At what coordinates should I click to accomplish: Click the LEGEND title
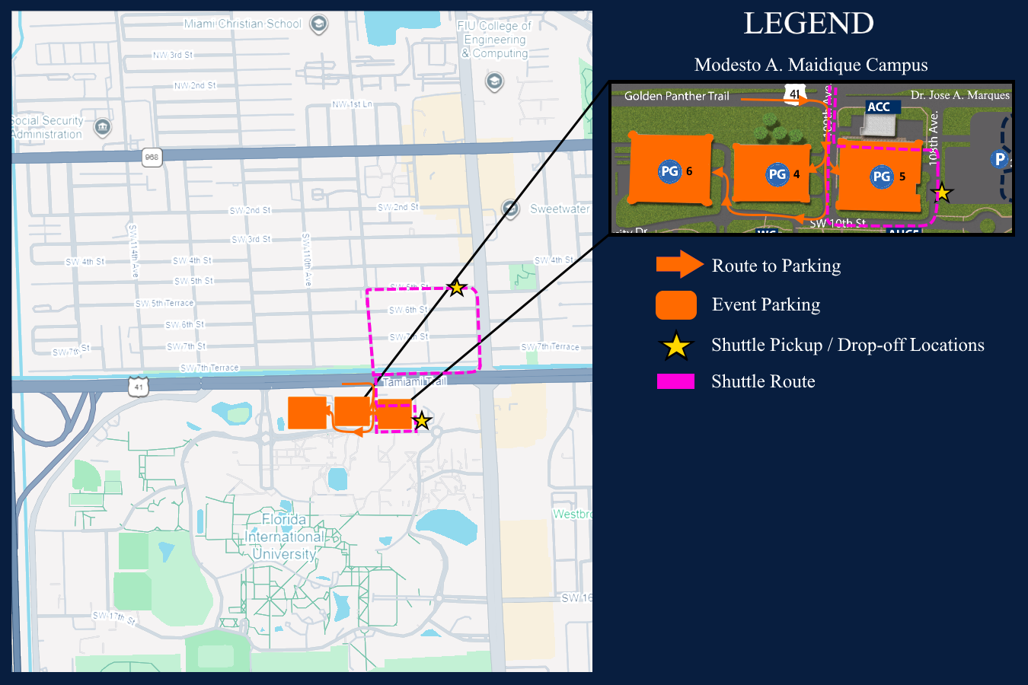point(809,24)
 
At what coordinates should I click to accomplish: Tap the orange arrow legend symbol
point(679,264)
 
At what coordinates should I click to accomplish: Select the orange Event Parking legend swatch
point(675,304)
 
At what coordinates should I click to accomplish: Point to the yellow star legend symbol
point(675,346)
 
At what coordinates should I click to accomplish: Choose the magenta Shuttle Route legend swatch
point(675,381)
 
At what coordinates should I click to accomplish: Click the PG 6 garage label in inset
point(670,171)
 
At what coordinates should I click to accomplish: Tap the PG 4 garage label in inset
point(777,174)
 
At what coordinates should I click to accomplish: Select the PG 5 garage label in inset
point(882,177)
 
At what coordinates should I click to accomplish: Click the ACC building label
point(879,107)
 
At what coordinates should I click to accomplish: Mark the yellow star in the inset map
point(942,193)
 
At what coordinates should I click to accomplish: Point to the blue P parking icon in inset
point(1000,159)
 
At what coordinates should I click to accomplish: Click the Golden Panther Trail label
point(676,96)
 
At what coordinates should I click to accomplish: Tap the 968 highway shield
point(152,158)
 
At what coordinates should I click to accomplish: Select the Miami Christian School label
point(243,24)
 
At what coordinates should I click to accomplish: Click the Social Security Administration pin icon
point(102,126)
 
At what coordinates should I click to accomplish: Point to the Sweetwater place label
point(560,209)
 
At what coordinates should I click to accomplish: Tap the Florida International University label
point(283,537)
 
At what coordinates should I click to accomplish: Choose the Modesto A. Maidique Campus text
point(811,65)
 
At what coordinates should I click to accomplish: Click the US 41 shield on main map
point(138,386)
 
